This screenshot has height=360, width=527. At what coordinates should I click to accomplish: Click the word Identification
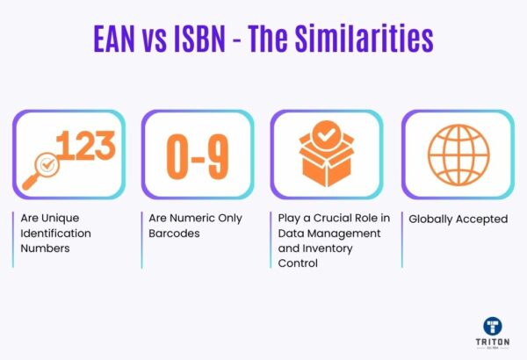[54, 233]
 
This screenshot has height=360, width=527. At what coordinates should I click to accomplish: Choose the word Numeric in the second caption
[189, 218]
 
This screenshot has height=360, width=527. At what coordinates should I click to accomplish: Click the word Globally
[432, 218]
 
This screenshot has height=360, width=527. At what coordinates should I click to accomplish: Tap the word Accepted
[483, 218]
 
